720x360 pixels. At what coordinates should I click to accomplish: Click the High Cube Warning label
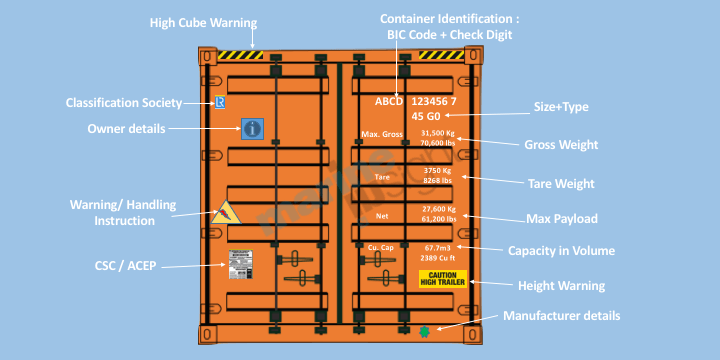click(x=203, y=22)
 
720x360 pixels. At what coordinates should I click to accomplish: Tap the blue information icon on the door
click(x=252, y=128)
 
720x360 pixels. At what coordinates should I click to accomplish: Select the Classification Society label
click(x=124, y=102)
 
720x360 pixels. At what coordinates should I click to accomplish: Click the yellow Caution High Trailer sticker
click(x=442, y=278)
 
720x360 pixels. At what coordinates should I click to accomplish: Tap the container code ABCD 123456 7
click(x=415, y=102)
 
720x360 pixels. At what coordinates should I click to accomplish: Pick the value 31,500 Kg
click(x=437, y=132)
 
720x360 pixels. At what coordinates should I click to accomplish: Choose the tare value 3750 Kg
click(x=438, y=170)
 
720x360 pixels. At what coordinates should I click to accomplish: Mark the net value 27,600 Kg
click(x=438, y=208)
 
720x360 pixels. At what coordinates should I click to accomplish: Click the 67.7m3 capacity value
click(x=438, y=247)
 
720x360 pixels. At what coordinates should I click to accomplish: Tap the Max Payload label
click(x=562, y=218)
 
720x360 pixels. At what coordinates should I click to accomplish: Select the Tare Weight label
click(x=561, y=183)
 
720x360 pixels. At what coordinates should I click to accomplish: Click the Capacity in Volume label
click(x=561, y=250)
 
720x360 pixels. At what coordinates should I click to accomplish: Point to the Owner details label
click(x=126, y=129)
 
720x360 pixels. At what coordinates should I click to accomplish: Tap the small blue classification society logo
click(x=221, y=102)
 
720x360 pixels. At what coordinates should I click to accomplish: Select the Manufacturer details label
click(x=561, y=315)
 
